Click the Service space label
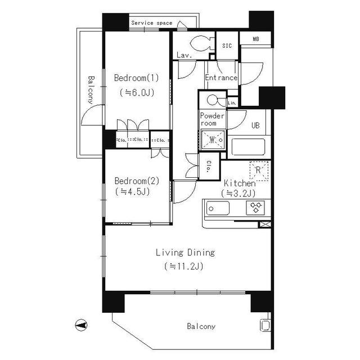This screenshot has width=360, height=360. pos(152,23)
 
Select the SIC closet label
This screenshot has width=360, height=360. pos(227,46)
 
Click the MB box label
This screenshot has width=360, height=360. pos(255,39)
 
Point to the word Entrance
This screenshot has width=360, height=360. pos(221,78)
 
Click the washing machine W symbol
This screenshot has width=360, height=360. pos(213,138)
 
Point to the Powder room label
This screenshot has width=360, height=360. pos(213,119)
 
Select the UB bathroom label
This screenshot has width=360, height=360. pos(255,125)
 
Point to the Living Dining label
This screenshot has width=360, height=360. pos(185,253)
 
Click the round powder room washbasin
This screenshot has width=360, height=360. pos(213,100)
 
